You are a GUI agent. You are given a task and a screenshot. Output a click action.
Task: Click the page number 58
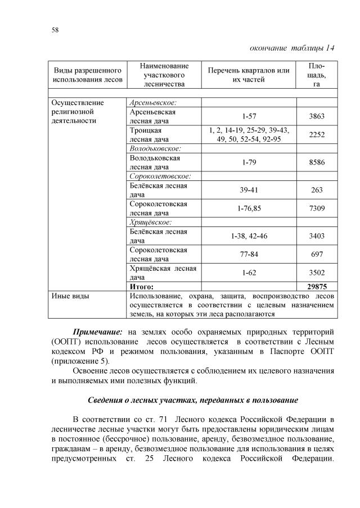click(x=55, y=29)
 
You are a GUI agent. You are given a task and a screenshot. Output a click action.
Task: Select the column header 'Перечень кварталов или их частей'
click(x=249, y=75)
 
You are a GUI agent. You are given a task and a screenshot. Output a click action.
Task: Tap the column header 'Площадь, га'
click(x=317, y=75)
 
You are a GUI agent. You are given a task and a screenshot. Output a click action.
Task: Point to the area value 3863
click(x=317, y=116)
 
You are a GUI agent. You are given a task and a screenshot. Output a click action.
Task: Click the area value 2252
click(x=317, y=135)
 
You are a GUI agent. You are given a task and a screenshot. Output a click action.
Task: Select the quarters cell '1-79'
click(x=249, y=162)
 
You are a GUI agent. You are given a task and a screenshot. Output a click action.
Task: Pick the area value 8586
click(x=317, y=162)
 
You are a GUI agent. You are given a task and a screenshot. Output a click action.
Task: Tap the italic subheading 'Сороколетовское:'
click(x=160, y=176)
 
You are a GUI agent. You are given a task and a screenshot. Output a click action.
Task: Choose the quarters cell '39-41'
click(x=249, y=190)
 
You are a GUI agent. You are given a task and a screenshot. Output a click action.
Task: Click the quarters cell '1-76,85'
click(x=249, y=208)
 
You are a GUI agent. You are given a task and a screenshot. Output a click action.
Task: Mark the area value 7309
click(x=317, y=208)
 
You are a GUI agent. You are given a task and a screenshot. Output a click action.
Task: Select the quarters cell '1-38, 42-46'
click(x=249, y=236)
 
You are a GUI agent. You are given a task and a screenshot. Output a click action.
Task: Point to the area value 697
click(x=317, y=254)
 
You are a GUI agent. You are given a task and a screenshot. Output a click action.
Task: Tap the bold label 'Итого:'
click(x=142, y=286)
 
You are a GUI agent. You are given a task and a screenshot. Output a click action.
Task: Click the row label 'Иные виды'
click(x=70, y=295)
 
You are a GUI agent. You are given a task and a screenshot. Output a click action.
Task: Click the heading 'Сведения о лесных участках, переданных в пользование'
click(x=193, y=400)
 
